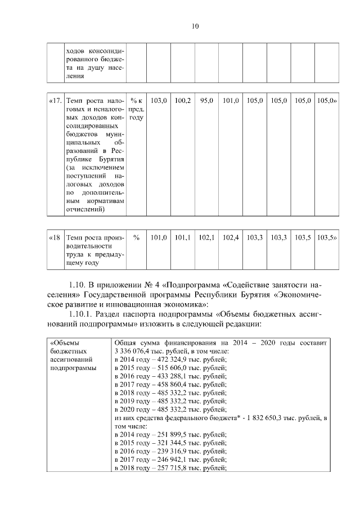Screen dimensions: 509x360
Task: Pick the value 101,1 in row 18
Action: pos(183,238)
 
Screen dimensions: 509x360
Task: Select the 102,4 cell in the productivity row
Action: pos(231,238)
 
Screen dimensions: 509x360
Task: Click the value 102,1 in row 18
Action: pos(207,238)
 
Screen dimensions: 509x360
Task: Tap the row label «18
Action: pos(55,238)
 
